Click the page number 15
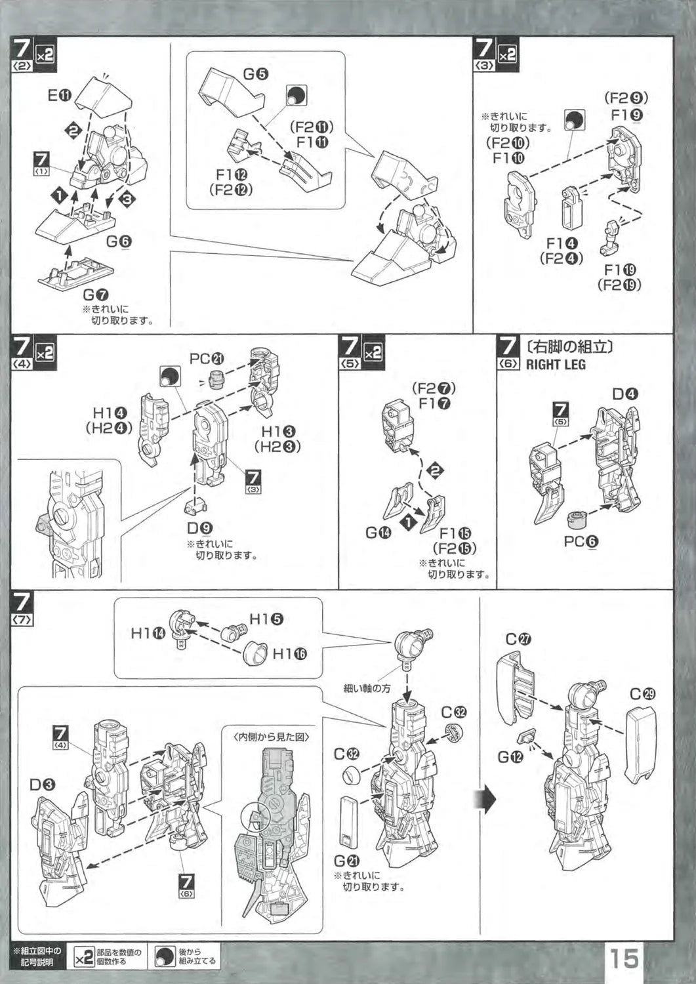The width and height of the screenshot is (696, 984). [x=625, y=958]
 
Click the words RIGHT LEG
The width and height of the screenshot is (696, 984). [x=556, y=365]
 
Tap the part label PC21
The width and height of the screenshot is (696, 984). [x=207, y=359]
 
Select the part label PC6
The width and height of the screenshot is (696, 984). [x=581, y=542]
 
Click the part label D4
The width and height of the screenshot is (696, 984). [x=625, y=394]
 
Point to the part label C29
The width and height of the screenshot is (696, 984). [x=643, y=694]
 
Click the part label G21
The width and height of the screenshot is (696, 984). [x=347, y=861]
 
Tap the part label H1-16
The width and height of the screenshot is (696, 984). [x=289, y=653]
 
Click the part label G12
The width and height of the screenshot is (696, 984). [x=510, y=757]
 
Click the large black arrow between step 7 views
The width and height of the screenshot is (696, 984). [x=487, y=799]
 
